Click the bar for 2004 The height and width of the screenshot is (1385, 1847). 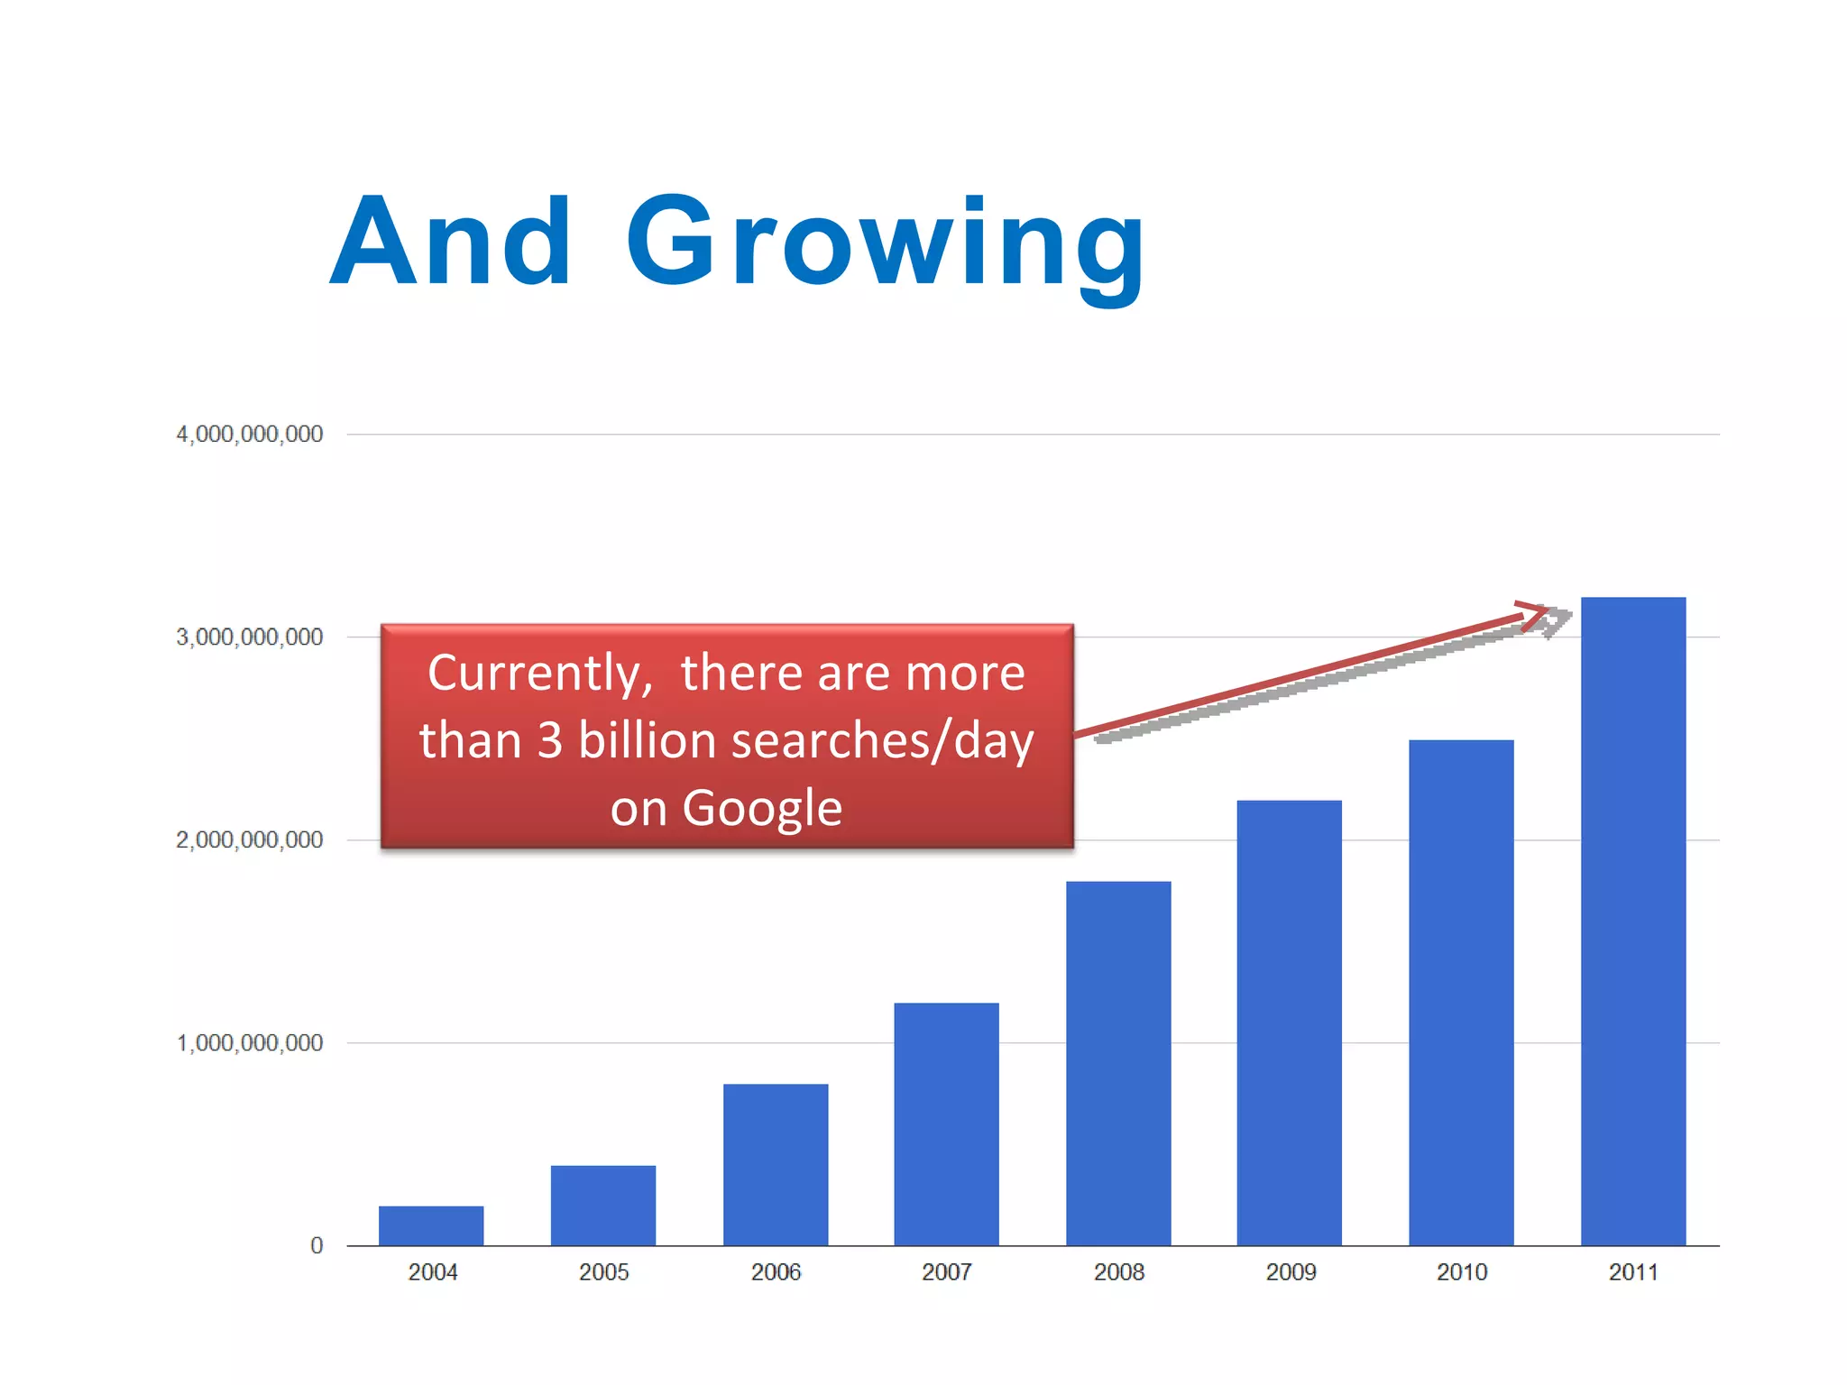point(431,1225)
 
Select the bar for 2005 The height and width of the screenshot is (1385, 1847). point(603,1206)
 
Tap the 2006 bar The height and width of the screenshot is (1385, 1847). point(776,1164)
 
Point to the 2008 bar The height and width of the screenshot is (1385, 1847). point(1118,1063)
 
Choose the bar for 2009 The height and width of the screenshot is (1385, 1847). point(1289,1023)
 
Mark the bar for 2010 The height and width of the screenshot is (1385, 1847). point(1461,992)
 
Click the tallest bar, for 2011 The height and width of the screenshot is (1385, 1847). point(1633,921)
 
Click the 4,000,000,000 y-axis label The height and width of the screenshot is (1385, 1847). point(250,435)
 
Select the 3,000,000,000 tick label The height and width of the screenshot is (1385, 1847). point(250,637)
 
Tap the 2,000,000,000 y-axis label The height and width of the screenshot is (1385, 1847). point(250,840)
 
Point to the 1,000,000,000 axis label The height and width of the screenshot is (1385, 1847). point(250,1043)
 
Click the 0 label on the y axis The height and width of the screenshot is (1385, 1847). point(317,1246)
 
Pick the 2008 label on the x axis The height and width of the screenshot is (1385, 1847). point(1118,1272)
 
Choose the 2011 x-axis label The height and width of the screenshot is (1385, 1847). point(1633,1272)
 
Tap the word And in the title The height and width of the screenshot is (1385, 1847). point(451,242)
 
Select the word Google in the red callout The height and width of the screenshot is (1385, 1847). point(762,808)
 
